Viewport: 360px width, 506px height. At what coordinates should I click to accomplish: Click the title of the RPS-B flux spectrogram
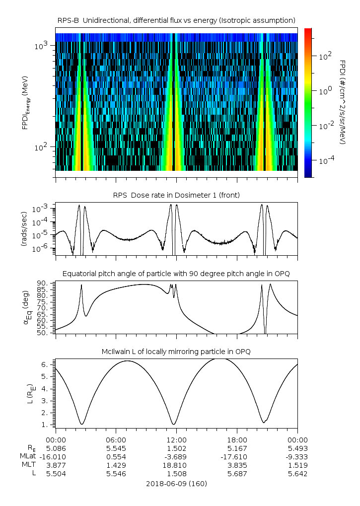tap(176, 20)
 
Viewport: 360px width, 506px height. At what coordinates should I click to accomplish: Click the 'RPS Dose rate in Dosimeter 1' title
tap(176, 195)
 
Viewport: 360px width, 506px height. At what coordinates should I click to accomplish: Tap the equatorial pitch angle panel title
tap(176, 274)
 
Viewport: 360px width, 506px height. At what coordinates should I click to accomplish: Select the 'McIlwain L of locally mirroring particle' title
tap(176, 352)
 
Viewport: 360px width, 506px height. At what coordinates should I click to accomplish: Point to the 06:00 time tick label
tap(116, 439)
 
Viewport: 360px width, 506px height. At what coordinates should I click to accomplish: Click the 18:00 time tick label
tap(237, 439)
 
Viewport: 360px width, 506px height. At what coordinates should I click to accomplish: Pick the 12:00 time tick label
tap(176, 439)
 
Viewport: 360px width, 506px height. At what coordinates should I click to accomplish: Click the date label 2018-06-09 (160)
tap(176, 483)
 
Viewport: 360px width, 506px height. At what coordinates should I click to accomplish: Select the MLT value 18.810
tap(176, 465)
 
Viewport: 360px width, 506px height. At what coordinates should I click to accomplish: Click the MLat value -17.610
tap(237, 456)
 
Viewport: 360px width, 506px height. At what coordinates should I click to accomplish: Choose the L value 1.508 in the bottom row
tap(176, 474)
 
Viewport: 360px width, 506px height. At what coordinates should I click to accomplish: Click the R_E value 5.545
tap(116, 448)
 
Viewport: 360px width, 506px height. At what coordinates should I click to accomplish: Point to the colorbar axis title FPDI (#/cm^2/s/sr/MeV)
tap(343, 102)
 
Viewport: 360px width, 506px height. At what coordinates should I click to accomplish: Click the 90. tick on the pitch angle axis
tap(43, 284)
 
